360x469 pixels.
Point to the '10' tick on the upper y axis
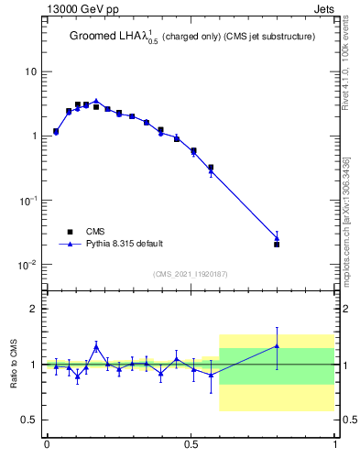(30, 71)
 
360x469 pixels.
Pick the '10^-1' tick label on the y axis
(27, 200)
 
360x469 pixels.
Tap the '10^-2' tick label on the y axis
(27, 265)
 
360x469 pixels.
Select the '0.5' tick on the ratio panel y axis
(28, 420)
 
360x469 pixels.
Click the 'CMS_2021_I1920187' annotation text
(191, 274)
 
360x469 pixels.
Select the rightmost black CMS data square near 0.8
(277, 245)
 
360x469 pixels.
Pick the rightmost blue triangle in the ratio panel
(277, 345)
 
